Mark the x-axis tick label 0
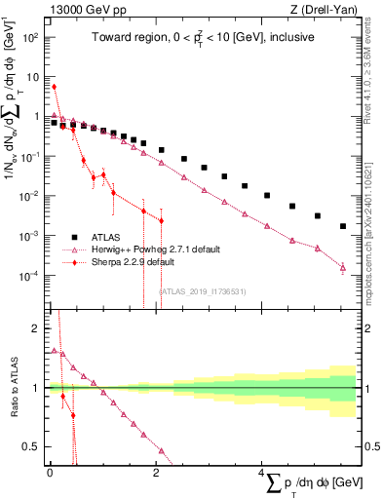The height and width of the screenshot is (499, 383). (x=50, y=473)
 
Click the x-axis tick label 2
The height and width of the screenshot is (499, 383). (x=155, y=473)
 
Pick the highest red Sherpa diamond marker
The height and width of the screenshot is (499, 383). (x=54, y=87)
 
